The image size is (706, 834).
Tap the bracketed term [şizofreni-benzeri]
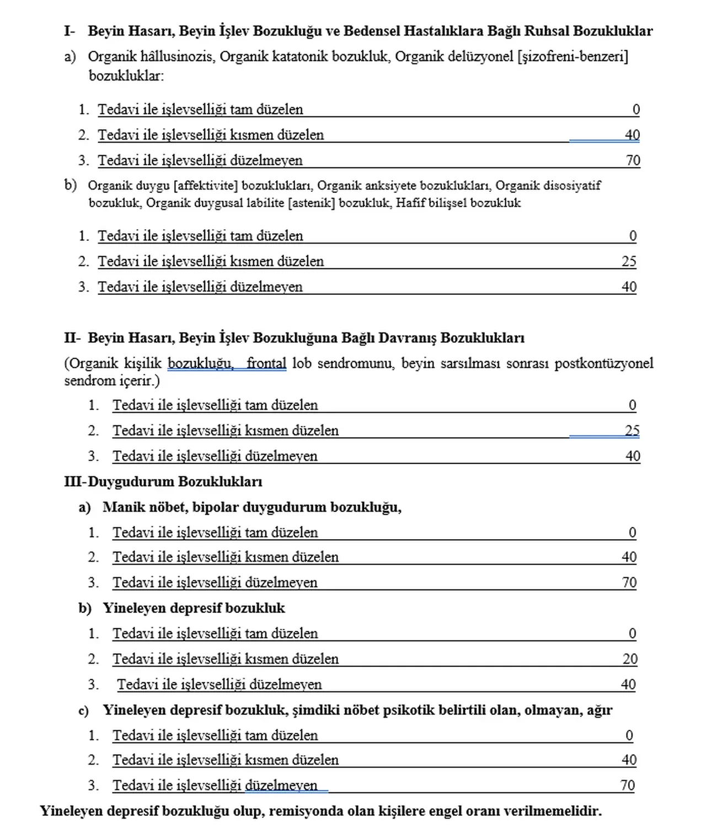pos(573,57)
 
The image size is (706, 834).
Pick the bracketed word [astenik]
pos(312,203)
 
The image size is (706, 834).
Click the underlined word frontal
pos(266,363)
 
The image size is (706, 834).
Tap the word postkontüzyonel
pos(604,363)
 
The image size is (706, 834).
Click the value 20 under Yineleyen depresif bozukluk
pos(630,659)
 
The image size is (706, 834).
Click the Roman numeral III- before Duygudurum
pos(75,482)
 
